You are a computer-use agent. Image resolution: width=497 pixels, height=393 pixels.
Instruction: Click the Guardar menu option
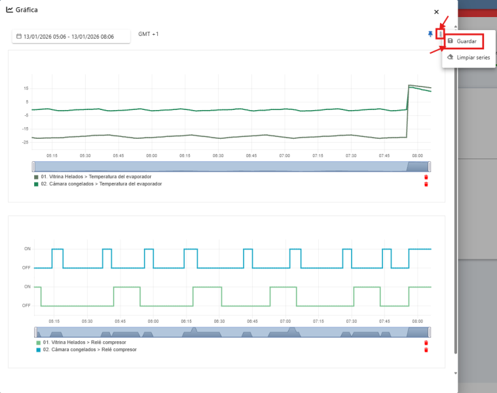[466, 41]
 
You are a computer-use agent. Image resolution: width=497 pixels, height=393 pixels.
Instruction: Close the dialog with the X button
[437, 12]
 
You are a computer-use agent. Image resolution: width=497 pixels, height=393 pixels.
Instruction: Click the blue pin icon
[430, 33]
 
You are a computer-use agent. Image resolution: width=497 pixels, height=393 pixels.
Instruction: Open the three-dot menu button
[441, 33]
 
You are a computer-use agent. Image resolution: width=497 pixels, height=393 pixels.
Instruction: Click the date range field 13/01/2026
[71, 37]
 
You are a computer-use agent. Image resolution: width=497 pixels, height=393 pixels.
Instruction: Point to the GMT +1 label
[149, 33]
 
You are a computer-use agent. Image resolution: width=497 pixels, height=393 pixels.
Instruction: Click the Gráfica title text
[27, 10]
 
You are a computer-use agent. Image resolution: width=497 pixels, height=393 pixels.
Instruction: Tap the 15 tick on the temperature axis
[26, 88]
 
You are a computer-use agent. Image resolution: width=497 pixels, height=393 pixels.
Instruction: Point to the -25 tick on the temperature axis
[25, 142]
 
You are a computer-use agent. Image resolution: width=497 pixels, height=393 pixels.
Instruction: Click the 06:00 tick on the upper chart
[152, 156]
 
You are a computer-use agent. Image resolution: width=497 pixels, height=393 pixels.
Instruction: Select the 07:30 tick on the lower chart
[352, 321]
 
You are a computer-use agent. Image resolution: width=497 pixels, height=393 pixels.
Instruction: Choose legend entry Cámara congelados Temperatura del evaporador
[98, 184]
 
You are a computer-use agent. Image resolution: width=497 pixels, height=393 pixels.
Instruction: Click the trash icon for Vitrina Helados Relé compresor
[426, 343]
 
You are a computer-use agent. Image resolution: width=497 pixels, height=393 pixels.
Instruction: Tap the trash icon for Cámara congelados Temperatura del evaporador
[426, 184]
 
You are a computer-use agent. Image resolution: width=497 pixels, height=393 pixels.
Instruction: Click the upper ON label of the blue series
[28, 249]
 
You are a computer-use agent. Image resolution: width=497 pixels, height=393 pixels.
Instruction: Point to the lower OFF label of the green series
[28, 305]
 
